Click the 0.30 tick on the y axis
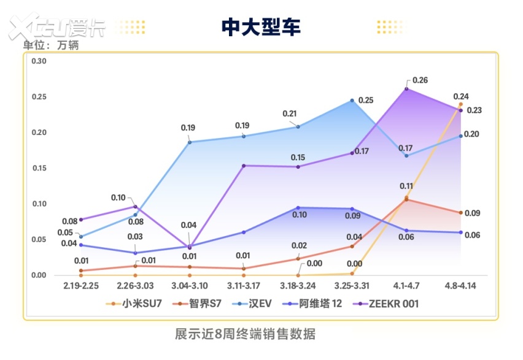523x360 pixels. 39,61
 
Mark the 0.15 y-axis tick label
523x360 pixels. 39,168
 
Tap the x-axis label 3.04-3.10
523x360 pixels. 190,286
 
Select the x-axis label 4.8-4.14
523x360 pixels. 460,286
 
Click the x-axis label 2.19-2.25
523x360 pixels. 81,286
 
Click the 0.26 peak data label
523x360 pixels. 420,80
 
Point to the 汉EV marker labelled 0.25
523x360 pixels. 352,101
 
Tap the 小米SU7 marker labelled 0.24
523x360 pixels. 460,104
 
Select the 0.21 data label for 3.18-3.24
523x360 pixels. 290,114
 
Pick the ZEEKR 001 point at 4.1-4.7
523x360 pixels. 406,89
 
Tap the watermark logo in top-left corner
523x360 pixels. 56,28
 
